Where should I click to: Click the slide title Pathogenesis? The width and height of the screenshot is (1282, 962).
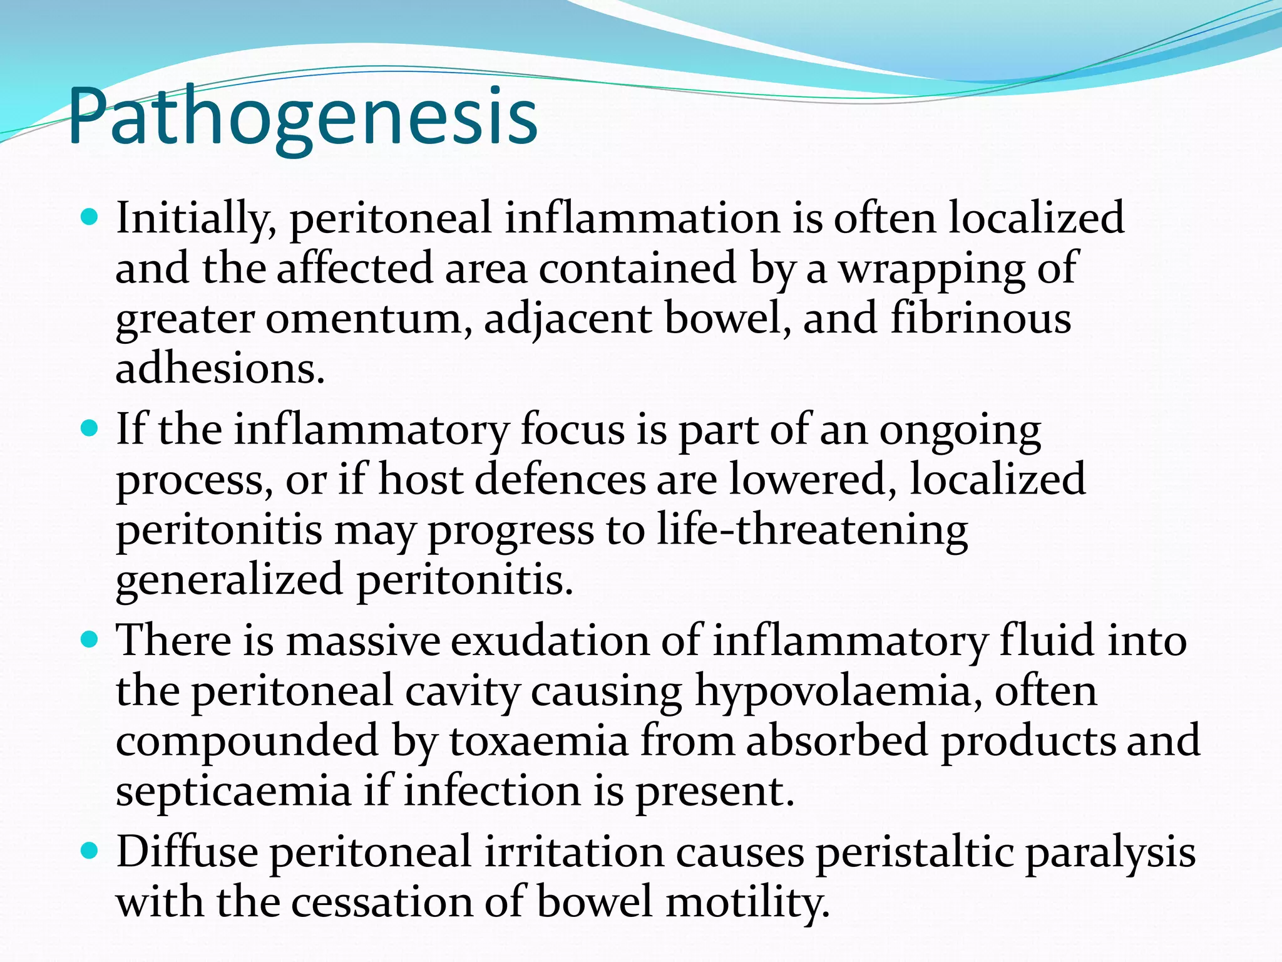(x=303, y=117)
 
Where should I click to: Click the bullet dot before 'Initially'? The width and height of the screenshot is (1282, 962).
(x=91, y=218)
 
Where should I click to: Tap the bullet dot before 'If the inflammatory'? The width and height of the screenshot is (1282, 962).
(x=91, y=429)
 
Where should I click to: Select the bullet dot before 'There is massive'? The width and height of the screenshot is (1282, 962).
(x=91, y=640)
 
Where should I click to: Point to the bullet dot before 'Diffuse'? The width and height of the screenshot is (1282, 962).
(x=91, y=851)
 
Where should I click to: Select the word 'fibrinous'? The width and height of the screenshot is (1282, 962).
(x=981, y=318)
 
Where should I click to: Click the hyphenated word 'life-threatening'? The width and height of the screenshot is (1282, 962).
(x=812, y=530)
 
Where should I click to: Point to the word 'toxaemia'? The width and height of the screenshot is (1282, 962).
(x=539, y=741)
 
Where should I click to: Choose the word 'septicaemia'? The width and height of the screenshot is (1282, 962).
(x=233, y=791)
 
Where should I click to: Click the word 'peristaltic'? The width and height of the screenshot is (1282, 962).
(x=914, y=852)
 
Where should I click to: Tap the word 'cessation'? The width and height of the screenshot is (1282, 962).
(x=381, y=903)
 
